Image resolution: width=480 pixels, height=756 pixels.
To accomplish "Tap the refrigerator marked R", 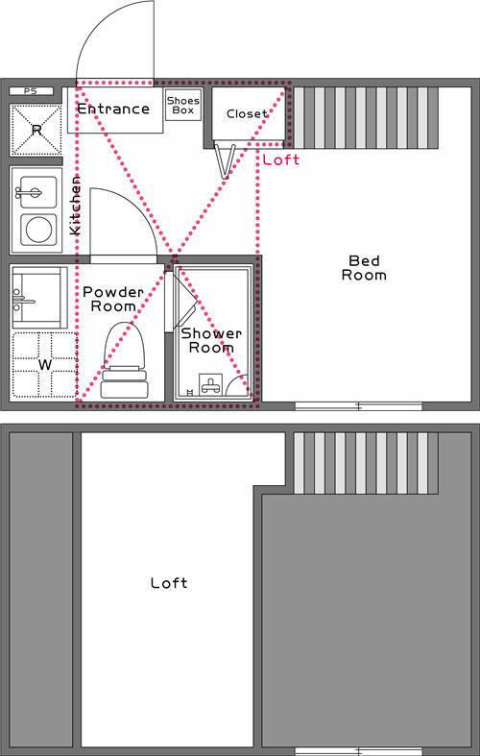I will pyautogui.click(x=36, y=129).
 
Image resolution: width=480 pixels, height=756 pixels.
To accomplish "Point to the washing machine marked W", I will pyautogui.click(x=42, y=365).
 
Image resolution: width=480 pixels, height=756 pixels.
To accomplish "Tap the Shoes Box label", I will pyautogui.click(x=182, y=105).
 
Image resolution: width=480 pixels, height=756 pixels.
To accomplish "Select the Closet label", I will pyautogui.click(x=247, y=114).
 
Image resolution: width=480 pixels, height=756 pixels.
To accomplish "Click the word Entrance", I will pyautogui.click(x=113, y=109).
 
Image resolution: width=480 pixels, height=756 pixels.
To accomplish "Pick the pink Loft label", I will pyautogui.click(x=280, y=160).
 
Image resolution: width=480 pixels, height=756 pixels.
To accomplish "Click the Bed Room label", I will pyautogui.click(x=367, y=267).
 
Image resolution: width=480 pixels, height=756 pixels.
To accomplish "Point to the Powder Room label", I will pyautogui.click(x=112, y=298).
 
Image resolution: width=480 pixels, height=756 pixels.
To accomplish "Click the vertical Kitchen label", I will pyautogui.click(x=75, y=206).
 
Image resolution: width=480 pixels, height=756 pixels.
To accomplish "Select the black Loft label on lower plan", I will pyautogui.click(x=169, y=583).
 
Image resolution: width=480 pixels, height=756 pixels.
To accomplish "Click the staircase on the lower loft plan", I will pyautogui.click(x=362, y=462).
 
